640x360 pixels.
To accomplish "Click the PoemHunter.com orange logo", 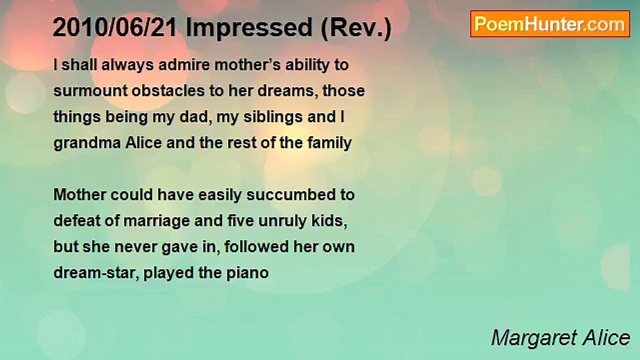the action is click(550, 24).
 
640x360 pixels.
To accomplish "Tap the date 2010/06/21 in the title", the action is click(115, 27).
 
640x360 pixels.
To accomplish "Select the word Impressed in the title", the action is click(249, 27).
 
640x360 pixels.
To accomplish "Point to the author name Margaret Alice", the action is click(560, 338).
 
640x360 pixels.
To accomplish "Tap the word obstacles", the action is click(168, 90).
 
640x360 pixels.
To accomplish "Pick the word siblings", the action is click(273, 117).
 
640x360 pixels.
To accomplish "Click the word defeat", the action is click(77, 221).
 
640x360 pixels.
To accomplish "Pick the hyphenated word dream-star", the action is click(96, 273).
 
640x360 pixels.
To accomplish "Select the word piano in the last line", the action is click(247, 273).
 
